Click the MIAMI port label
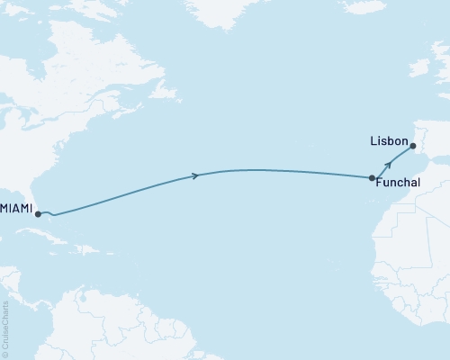[x=16, y=209]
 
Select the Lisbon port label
[x=388, y=142]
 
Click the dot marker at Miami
[x=38, y=214]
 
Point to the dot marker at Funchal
[x=373, y=178]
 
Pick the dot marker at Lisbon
[x=413, y=146]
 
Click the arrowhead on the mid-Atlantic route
[x=195, y=175]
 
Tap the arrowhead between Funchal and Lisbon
[x=387, y=165]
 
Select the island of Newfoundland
[x=157, y=90]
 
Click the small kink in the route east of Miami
[x=53, y=215]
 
